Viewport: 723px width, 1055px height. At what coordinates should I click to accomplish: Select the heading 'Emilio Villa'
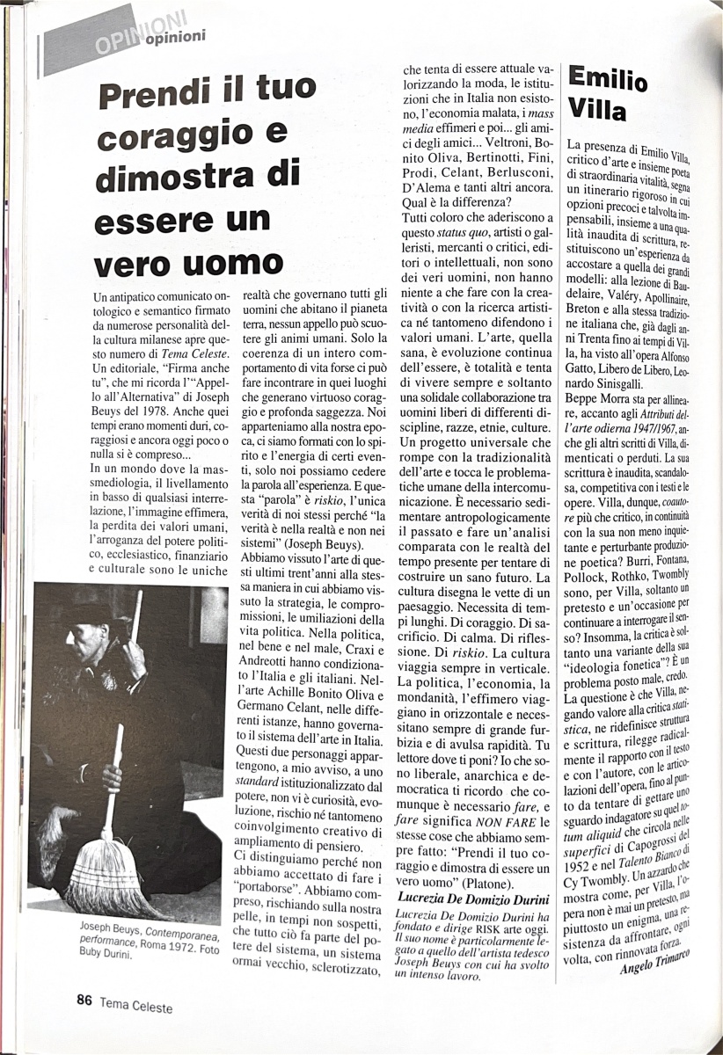pos(609,93)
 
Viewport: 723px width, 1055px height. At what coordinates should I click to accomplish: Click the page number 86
pos(84,999)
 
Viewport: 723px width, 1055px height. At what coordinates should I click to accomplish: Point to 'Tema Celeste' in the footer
pos(135,1000)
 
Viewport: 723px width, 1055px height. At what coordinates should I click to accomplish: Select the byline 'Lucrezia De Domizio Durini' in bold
pos(476,898)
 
